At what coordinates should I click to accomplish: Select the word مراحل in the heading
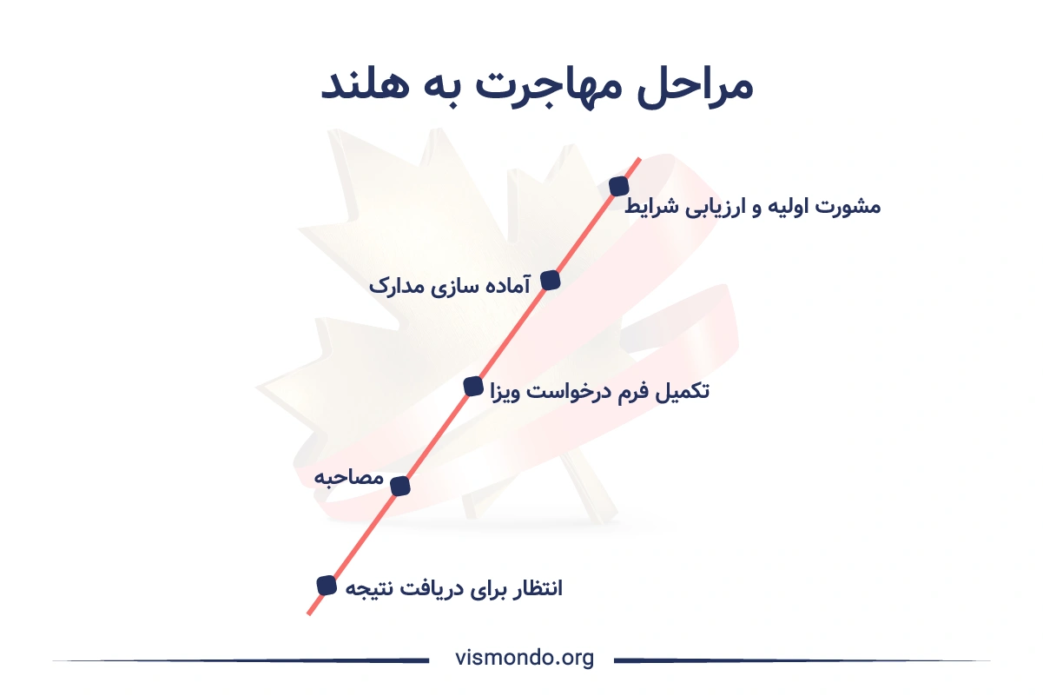pyautogui.click(x=695, y=87)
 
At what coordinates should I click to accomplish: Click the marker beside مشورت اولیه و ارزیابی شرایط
pyautogui.click(x=619, y=186)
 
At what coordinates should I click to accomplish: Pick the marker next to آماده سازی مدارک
pyautogui.click(x=551, y=281)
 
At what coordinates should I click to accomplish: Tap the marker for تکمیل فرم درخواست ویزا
pyautogui.click(x=473, y=387)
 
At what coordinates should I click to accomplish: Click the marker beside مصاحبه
pyautogui.click(x=400, y=487)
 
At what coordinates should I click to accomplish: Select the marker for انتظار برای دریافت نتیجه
pyautogui.click(x=327, y=586)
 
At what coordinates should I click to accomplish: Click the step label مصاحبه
pyautogui.click(x=349, y=478)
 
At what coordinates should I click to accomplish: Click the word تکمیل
pyautogui.click(x=683, y=391)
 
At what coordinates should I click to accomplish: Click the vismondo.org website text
pyautogui.click(x=525, y=659)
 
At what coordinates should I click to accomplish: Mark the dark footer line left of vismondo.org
pyautogui.click(x=241, y=660)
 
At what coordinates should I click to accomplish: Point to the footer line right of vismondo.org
pyautogui.click(x=802, y=660)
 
